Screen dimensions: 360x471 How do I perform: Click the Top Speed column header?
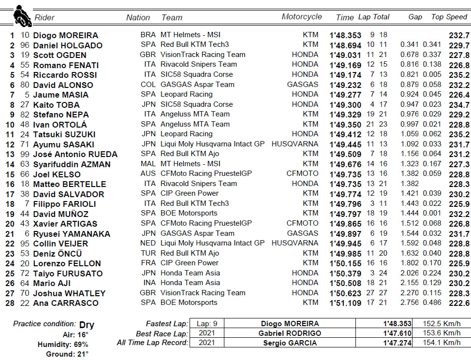point(449,17)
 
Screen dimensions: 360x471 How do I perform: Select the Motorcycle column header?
point(302,17)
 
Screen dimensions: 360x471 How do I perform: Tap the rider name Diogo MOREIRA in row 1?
point(65,35)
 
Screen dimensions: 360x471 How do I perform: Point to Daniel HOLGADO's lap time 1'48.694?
point(345,45)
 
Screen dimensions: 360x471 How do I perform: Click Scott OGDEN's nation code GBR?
point(148,55)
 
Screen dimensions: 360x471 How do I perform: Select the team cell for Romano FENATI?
point(198,64)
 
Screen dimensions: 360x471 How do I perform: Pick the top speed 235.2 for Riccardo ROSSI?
point(459,75)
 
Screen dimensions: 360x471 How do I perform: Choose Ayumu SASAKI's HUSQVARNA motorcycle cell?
point(295,144)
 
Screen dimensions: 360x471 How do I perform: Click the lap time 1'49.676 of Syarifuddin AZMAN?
point(345,164)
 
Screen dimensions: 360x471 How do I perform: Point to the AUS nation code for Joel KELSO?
point(148,173)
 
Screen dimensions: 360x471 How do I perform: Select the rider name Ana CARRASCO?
point(66,303)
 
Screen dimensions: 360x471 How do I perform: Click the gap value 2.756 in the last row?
point(409,303)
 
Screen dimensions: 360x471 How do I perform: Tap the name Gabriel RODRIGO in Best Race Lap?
point(289,333)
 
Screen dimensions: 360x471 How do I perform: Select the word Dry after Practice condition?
point(87,325)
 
